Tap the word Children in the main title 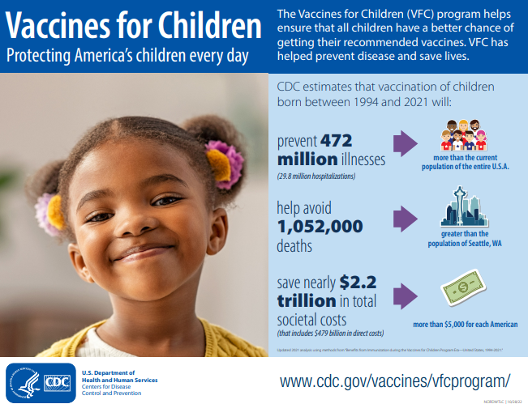201,26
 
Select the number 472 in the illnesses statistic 336,139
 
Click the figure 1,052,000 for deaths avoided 319,227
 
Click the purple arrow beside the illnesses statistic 410,142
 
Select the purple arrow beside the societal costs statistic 410,295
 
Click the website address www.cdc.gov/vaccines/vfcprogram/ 395,381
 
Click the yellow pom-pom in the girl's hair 218,164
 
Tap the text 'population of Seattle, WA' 466,244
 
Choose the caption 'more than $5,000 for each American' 465,325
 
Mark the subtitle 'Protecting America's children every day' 127,57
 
